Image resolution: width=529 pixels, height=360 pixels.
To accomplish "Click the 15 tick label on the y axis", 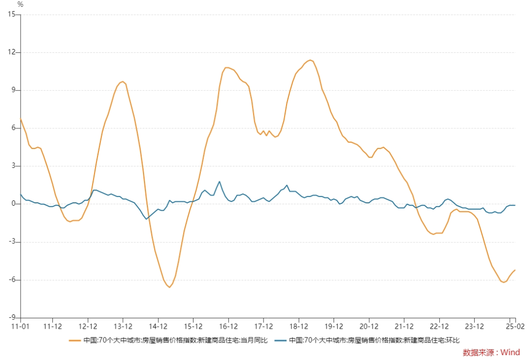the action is [x=12, y=14].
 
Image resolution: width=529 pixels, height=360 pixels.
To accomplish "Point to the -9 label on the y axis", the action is [x=12, y=317].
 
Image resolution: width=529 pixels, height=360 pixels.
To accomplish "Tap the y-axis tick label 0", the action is [x=14, y=203].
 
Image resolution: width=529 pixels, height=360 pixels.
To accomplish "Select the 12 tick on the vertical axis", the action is [x=12, y=52].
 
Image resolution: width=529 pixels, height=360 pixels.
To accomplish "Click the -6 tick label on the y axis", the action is [x=12, y=279].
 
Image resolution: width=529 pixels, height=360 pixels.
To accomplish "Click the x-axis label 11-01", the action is [x=20, y=326].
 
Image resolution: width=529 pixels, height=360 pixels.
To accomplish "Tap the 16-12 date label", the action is [x=228, y=326].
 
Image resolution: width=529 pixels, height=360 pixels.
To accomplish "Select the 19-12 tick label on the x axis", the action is [x=334, y=326].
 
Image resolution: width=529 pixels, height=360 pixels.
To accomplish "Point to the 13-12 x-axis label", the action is [x=123, y=326].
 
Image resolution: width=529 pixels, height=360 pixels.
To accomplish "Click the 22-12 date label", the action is [x=439, y=326].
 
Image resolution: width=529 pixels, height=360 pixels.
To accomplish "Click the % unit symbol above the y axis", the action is [x=20, y=4].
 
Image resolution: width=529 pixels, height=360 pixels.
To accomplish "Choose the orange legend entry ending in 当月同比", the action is [x=168, y=340].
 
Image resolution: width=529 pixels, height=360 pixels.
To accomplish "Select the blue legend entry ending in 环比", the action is [x=367, y=340].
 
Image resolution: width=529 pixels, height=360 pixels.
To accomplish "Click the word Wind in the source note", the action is [x=510, y=352].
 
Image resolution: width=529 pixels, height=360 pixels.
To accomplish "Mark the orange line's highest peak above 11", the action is [x=310, y=60].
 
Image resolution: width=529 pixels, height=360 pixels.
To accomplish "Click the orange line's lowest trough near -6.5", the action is [x=169, y=287].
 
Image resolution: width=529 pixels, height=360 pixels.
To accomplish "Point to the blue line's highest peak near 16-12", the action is [x=219, y=182].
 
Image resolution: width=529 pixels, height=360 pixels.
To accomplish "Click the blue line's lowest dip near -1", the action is [x=146, y=219].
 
